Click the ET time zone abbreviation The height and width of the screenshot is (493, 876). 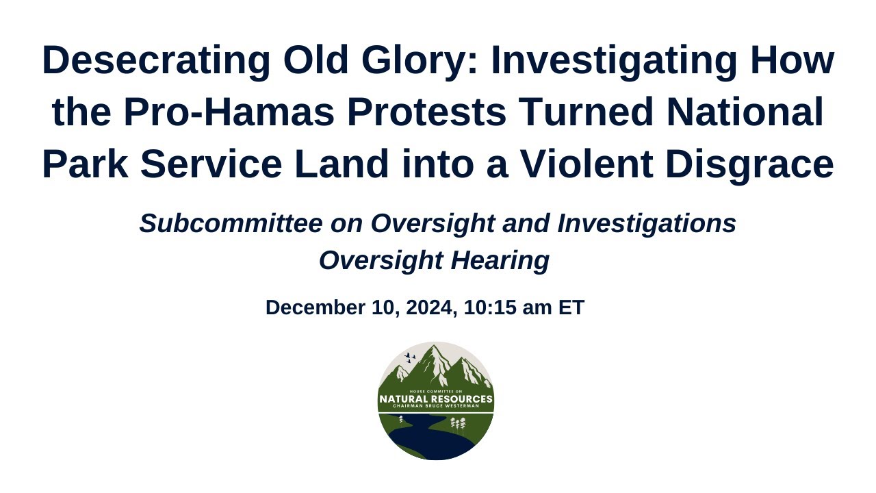click(x=571, y=308)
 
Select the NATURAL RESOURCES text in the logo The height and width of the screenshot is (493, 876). click(x=436, y=399)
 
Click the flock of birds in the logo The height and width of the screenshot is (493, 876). click(x=410, y=357)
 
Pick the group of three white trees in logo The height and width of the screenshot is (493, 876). click(x=458, y=425)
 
